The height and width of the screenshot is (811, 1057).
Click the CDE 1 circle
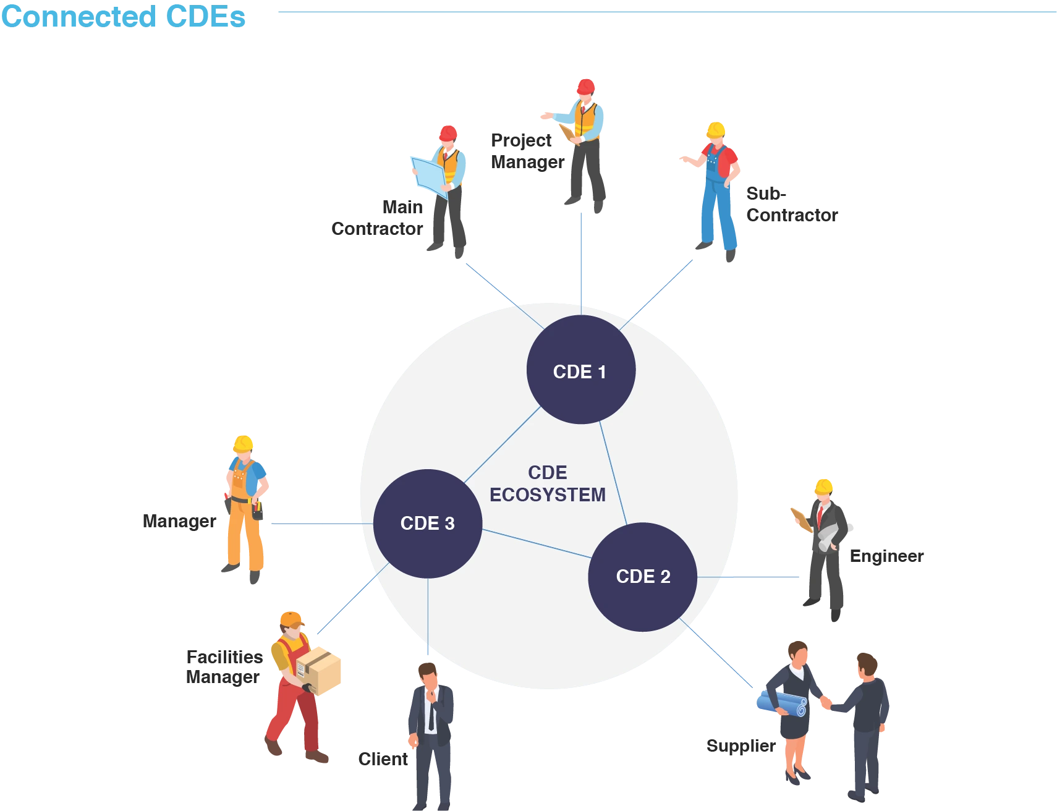click(580, 370)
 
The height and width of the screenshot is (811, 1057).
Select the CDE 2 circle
click(642, 577)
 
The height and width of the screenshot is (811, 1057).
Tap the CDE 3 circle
click(428, 524)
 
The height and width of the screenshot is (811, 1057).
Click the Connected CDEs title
click(124, 16)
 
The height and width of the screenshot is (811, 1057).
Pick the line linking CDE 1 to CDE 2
click(613, 473)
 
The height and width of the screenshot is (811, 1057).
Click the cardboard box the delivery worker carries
click(319, 671)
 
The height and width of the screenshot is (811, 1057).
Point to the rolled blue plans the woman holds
click(783, 703)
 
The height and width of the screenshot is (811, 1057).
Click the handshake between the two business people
click(826, 702)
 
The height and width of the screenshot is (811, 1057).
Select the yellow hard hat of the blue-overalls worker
click(716, 129)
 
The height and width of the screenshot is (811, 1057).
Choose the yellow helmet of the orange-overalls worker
click(243, 443)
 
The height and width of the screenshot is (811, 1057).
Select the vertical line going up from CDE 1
click(581, 260)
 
